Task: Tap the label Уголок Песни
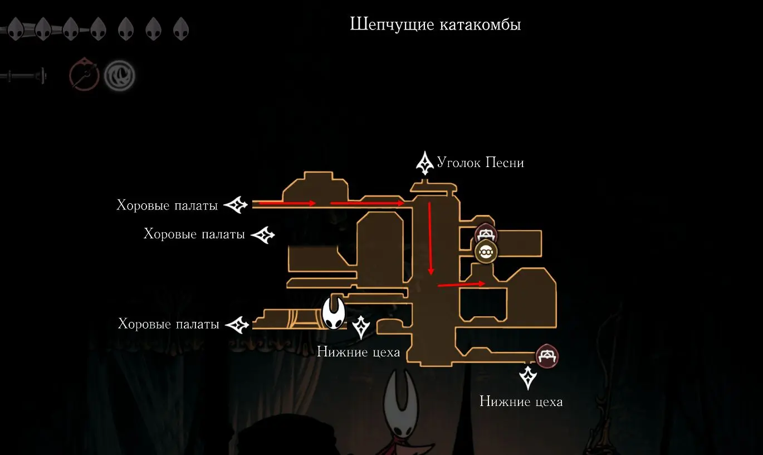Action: click(480, 163)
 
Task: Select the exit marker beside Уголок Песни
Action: click(425, 162)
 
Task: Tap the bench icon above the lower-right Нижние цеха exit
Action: click(547, 356)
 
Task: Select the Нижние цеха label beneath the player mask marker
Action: click(358, 352)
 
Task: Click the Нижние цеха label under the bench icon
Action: click(521, 402)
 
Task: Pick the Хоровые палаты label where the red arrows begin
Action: click(167, 205)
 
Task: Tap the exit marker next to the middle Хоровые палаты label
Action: click(263, 234)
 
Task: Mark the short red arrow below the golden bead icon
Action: click(461, 285)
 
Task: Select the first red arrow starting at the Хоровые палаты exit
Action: click(287, 203)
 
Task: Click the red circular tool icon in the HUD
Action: click(84, 76)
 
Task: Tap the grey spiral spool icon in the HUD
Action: click(119, 76)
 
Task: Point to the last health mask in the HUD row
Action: click(181, 28)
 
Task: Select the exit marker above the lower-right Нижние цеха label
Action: click(527, 377)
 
